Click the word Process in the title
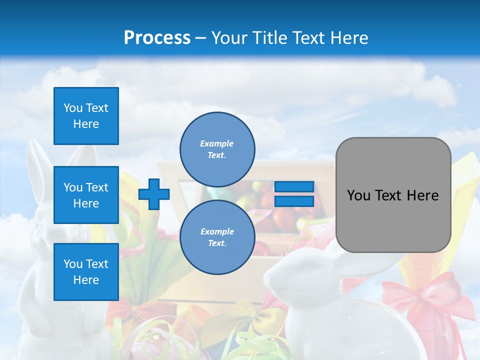coord(157,38)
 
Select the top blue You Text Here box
coord(86,116)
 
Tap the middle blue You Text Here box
coord(86,195)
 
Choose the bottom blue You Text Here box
coord(86,272)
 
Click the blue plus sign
coord(153,194)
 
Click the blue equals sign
coord(294,194)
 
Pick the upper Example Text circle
coord(217,149)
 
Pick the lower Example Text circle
coord(217,237)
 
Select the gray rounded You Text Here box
coord(393,195)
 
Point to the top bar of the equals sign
coord(294,187)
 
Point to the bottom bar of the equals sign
coord(294,201)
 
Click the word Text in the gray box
coord(393,195)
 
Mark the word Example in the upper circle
coord(217,143)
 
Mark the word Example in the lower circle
coord(217,231)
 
